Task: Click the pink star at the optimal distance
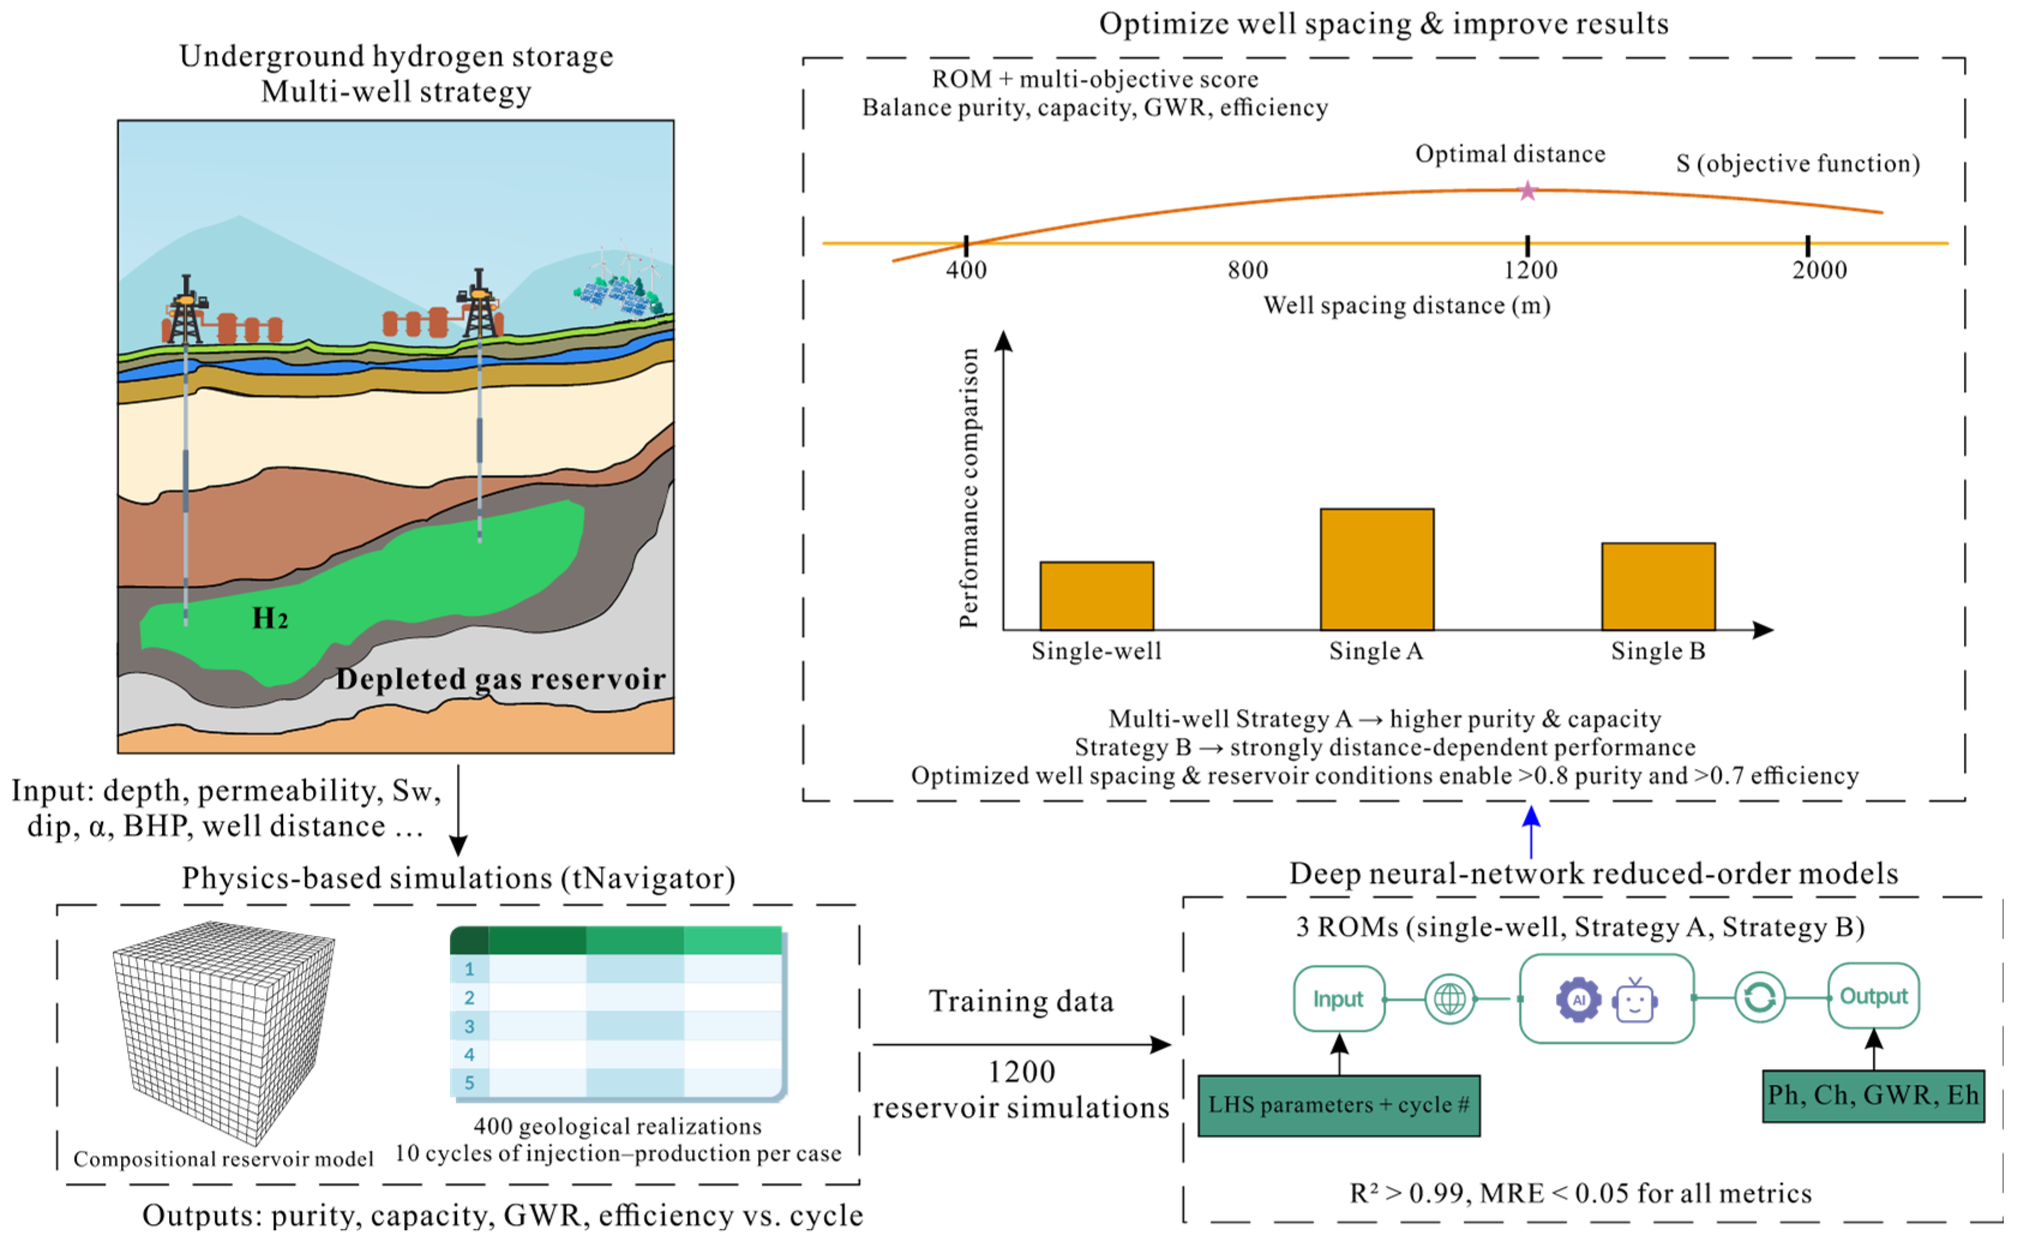click(1528, 191)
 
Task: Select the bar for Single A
click(1377, 569)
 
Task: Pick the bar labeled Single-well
click(1096, 596)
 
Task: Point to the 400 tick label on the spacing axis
click(966, 269)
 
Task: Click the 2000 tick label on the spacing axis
click(1819, 269)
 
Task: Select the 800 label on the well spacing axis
click(1248, 269)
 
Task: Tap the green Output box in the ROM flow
click(1873, 997)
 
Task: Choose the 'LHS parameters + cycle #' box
click(1339, 1105)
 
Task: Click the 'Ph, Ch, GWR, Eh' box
click(1873, 1096)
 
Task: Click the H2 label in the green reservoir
click(270, 619)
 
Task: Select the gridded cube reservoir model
click(223, 1031)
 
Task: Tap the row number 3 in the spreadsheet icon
click(469, 1026)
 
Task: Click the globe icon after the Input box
click(1449, 999)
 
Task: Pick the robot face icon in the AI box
click(1634, 1001)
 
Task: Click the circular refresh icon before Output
click(1760, 997)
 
